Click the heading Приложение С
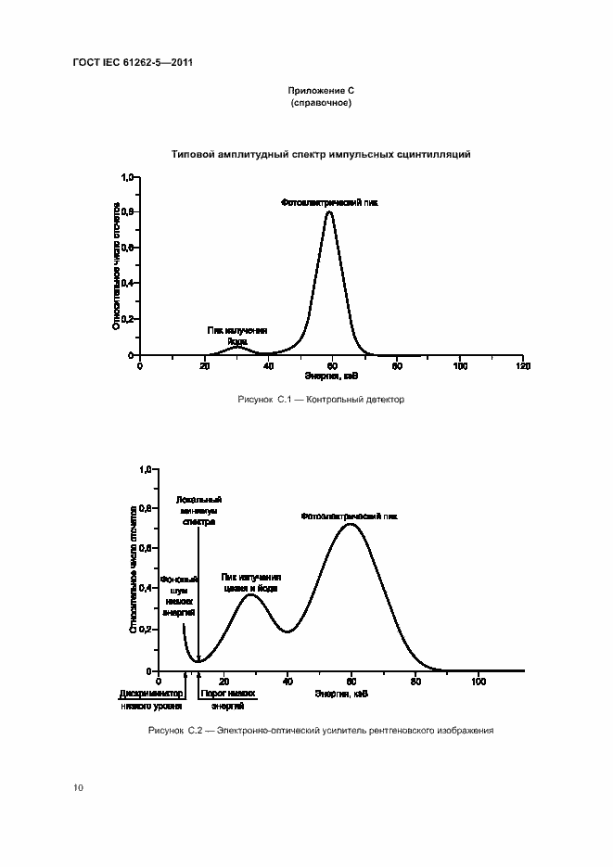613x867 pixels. (321, 92)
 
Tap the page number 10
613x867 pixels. (78, 787)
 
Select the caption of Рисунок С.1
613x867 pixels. (321, 400)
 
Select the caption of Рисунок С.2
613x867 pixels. (320, 731)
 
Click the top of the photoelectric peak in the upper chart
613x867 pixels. (329, 212)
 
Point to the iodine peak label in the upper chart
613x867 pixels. (237, 336)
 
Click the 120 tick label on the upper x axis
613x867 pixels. (523, 366)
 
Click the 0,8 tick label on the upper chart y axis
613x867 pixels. (128, 212)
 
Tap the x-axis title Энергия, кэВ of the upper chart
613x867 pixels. (332, 376)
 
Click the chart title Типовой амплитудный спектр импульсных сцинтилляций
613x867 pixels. (321, 154)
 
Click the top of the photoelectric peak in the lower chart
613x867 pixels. (351, 525)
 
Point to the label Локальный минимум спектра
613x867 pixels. (198, 510)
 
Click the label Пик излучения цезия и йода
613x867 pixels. (250, 582)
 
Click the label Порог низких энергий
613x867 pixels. (226, 698)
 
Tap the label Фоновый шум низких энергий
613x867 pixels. (178, 595)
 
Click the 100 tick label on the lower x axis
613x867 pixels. (479, 682)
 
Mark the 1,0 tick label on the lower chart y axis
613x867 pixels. (144, 470)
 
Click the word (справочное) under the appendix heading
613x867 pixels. (321, 103)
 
